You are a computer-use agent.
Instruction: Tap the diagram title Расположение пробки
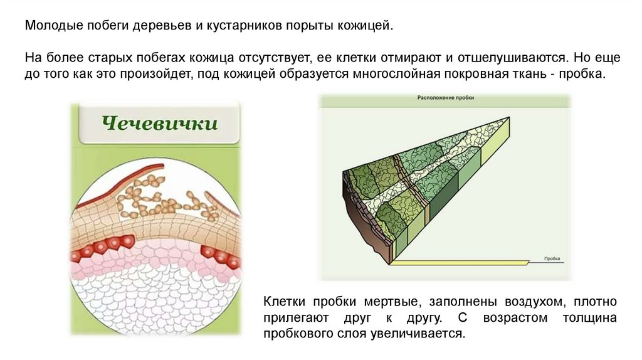445,98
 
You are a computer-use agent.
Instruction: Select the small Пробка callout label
552,258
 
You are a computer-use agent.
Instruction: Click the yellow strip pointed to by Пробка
464,262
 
